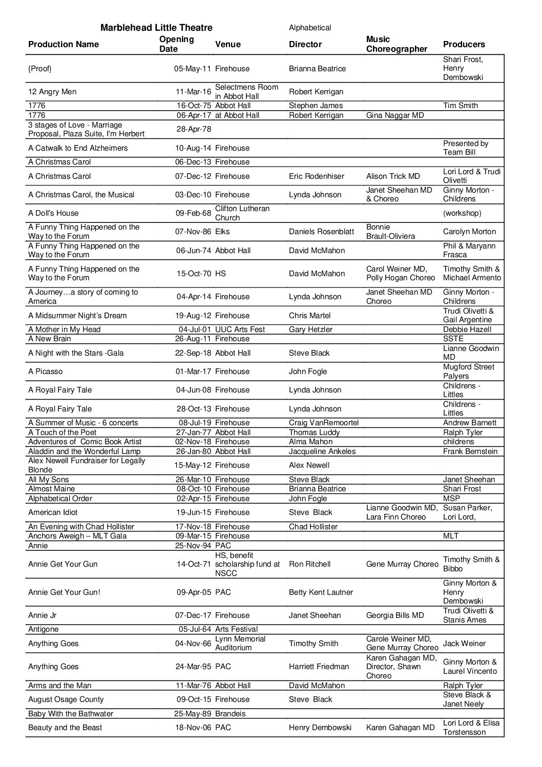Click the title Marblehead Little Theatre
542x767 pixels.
[x=156, y=28]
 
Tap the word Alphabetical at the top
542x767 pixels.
[x=310, y=28]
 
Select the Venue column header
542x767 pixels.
[x=228, y=44]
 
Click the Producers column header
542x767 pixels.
[x=464, y=44]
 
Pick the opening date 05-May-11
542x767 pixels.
[x=193, y=69]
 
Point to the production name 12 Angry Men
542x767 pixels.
[x=52, y=92]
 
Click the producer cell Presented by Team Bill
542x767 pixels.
[x=466, y=148]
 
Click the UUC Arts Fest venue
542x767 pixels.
[x=240, y=329]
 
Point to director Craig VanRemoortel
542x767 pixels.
[x=324, y=423]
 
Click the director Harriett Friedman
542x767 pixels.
[x=319, y=667]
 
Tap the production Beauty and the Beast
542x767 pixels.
[x=65, y=728]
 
